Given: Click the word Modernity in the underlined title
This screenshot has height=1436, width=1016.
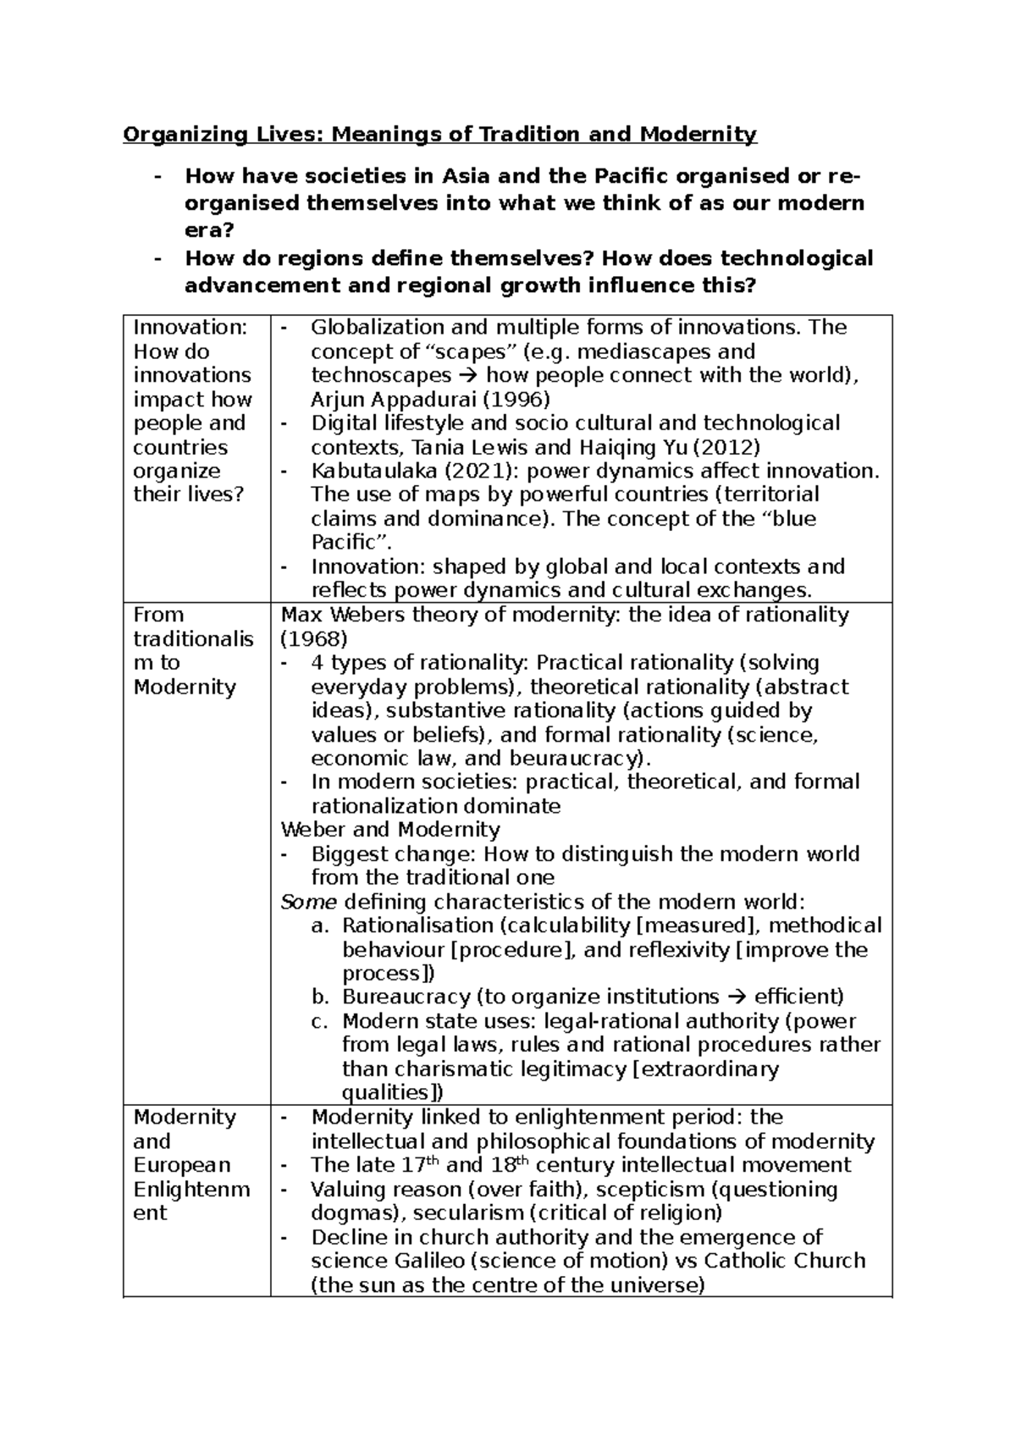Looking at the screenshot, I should (698, 134).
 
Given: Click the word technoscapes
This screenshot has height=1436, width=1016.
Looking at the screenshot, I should (381, 375).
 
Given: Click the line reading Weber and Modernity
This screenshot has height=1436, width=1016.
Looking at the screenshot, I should (390, 829).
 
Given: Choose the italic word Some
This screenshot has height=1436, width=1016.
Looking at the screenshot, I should (309, 901).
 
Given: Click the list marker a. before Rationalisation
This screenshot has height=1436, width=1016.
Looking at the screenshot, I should (319, 925).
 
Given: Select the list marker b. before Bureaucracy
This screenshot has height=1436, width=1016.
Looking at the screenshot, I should (319, 997).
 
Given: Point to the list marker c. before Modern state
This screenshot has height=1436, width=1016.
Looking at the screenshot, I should (319, 1021).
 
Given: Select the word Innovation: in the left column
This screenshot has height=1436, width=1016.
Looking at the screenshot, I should (190, 327).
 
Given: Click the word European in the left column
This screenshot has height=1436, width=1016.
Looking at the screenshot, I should (181, 1164).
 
